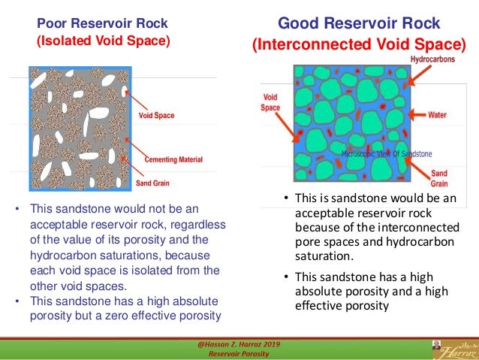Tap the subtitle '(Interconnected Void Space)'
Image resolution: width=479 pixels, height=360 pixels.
pyautogui.click(x=358, y=44)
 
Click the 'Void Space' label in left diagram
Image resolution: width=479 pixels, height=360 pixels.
pyautogui.click(x=157, y=116)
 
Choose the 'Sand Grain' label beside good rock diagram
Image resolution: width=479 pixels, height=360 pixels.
pyautogui.click(x=439, y=178)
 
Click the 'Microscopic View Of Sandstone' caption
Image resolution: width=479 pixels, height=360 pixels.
pyautogui.click(x=387, y=153)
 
